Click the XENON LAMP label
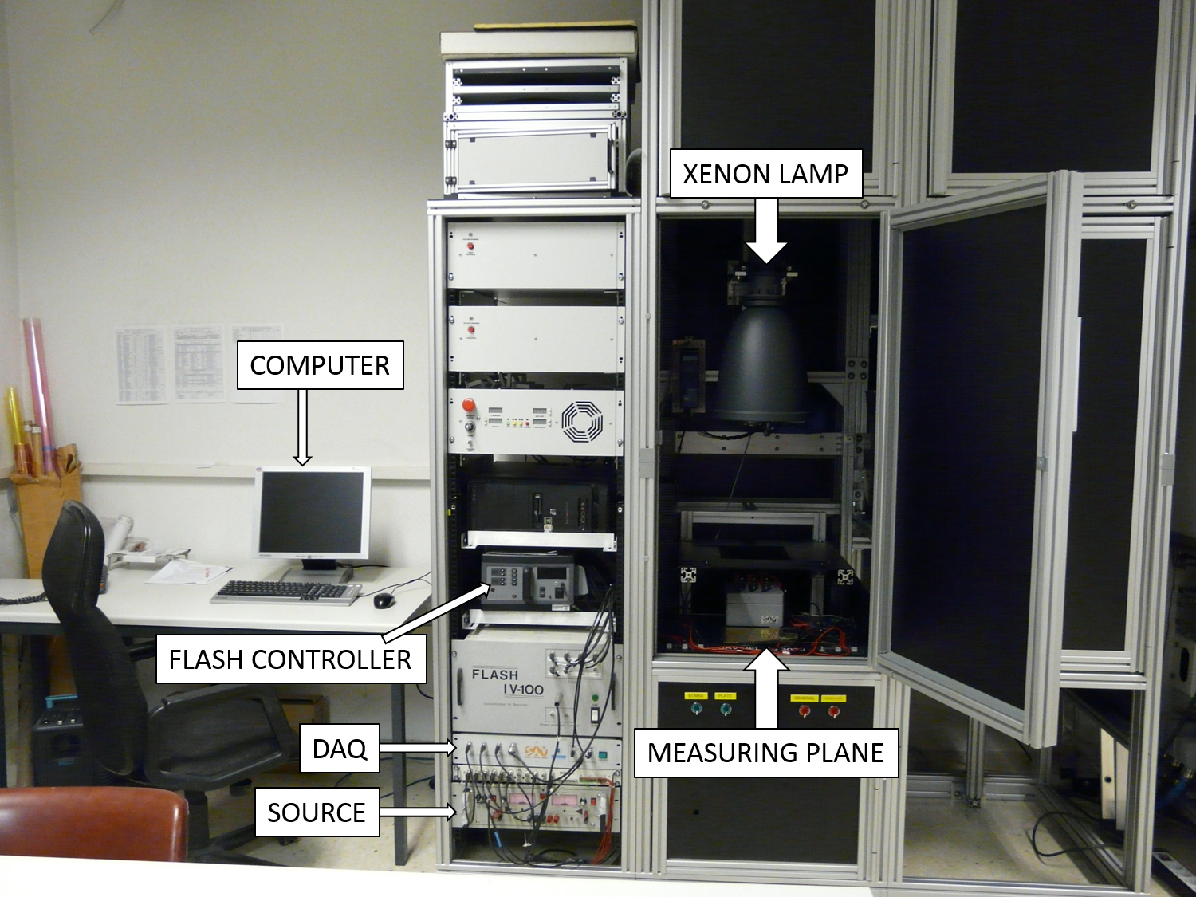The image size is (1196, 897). point(765,173)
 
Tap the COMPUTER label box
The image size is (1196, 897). point(320,365)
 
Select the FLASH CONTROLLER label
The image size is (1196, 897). point(290,659)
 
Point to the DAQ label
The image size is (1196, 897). point(340,749)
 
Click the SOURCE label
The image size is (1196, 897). point(317,812)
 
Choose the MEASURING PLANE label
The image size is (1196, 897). point(765,753)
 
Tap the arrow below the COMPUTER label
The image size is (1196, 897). point(302,427)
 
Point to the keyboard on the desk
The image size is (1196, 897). point(285,591)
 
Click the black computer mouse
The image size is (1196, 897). point(384,600)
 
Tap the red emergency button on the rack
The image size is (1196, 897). point(469,405)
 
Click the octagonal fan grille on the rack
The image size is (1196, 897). point(581,421)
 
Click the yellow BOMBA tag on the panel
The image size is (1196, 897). point(695,695)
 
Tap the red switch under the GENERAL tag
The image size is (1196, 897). point(804,710)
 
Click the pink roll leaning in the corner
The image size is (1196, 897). point(40,391)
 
